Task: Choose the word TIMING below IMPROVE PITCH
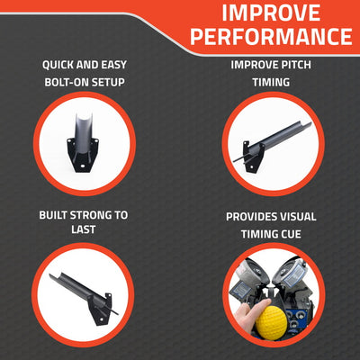coord(271,83)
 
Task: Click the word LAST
coord(85,231)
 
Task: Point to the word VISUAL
coord(305,217)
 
